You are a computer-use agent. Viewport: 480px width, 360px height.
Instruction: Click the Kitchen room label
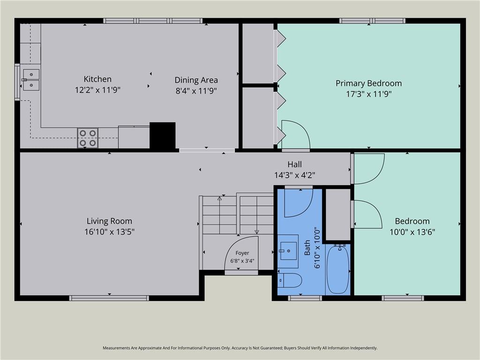pos(97,79)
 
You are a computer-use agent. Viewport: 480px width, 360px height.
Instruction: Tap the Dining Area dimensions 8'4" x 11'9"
pos(196,90)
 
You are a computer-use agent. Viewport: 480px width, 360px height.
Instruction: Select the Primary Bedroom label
pos(368,83)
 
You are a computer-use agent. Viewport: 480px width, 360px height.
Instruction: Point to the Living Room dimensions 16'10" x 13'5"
pos(109,232)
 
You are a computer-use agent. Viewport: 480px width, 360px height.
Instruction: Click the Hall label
pos(294,165)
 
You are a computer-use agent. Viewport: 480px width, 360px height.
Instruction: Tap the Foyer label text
pos(242,253)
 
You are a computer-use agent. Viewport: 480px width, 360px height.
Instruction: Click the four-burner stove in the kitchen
pos(88,138)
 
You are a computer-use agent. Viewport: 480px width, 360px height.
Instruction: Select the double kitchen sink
pos(31,80)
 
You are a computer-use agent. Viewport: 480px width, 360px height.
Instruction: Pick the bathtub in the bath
pos(338,269)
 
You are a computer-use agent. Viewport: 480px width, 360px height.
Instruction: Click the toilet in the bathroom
pos(290,280)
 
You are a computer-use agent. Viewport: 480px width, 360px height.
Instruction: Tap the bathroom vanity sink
pos(288,251)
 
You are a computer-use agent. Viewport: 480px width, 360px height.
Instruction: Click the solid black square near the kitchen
pos(163,135)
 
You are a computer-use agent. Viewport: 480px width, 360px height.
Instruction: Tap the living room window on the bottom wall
pos(109,298)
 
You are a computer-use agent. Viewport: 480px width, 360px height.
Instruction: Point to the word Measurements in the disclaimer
pos(117,348)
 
